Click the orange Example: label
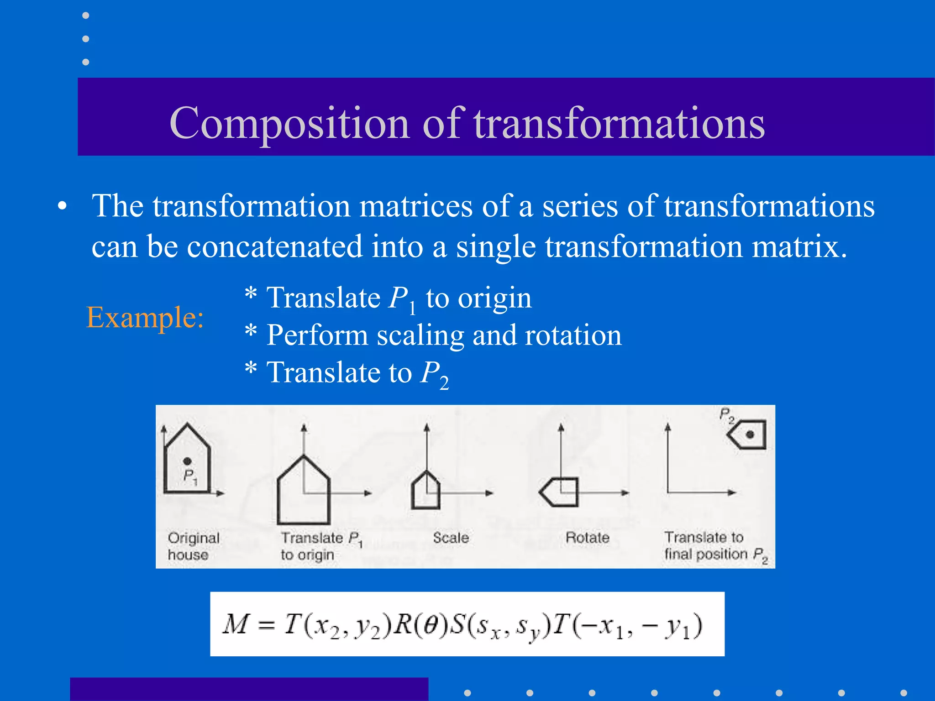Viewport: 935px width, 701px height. coord(145,317)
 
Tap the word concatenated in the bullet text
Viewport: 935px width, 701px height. coord(274,246)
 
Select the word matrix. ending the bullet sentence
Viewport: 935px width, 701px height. coord(798,246)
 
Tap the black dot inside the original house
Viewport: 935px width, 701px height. coord(187,461)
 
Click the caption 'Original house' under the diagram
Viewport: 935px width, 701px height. coord(193,546)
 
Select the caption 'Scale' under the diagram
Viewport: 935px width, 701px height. coord(451,538)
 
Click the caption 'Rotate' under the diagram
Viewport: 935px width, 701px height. coord(587,538)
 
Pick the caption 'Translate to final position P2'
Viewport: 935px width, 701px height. coord(715,546)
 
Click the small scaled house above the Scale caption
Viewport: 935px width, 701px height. coord(425,491)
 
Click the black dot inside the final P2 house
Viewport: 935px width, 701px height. coord(750,434)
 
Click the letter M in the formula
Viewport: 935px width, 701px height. coord(236,624)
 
